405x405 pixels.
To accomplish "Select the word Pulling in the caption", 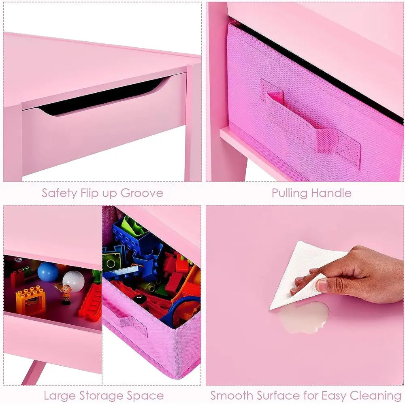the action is pos(289,194).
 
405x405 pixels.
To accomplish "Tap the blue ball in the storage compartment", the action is pos(48,271).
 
